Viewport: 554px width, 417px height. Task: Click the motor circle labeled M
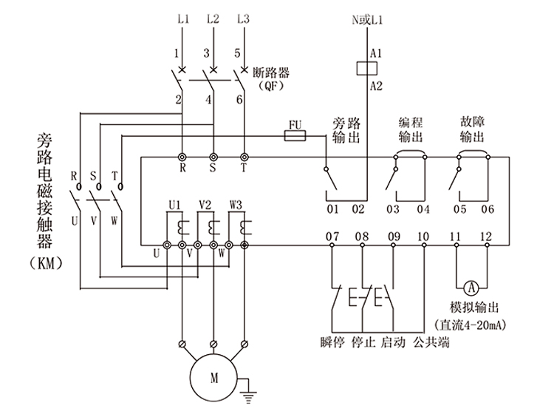(x=215, y=378)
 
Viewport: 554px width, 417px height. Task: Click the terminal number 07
(x=332, y=237)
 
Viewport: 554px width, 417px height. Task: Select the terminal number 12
(x=486, y=237)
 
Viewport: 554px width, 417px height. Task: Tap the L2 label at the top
(x=213, y=18)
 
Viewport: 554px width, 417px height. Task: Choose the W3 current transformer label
(x=236, y=203)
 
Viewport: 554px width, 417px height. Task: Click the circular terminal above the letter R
(x=182, y=156)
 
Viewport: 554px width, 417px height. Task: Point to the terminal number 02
(x=358, y=209)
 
